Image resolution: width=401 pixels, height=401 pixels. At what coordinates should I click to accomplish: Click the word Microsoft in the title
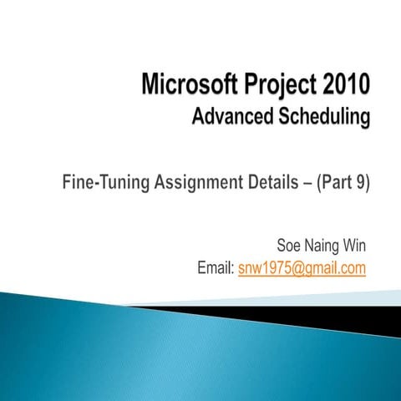[x=185, y=86]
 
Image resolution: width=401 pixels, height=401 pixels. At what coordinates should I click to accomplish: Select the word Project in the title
[x=275, y=86]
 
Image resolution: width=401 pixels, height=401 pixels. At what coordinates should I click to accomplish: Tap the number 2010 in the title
[x=341, y=86]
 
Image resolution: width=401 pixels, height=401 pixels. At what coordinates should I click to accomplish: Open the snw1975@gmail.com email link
[x=302, y=268]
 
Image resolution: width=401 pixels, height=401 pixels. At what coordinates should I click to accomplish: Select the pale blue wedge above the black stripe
[x=351, y=297]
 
